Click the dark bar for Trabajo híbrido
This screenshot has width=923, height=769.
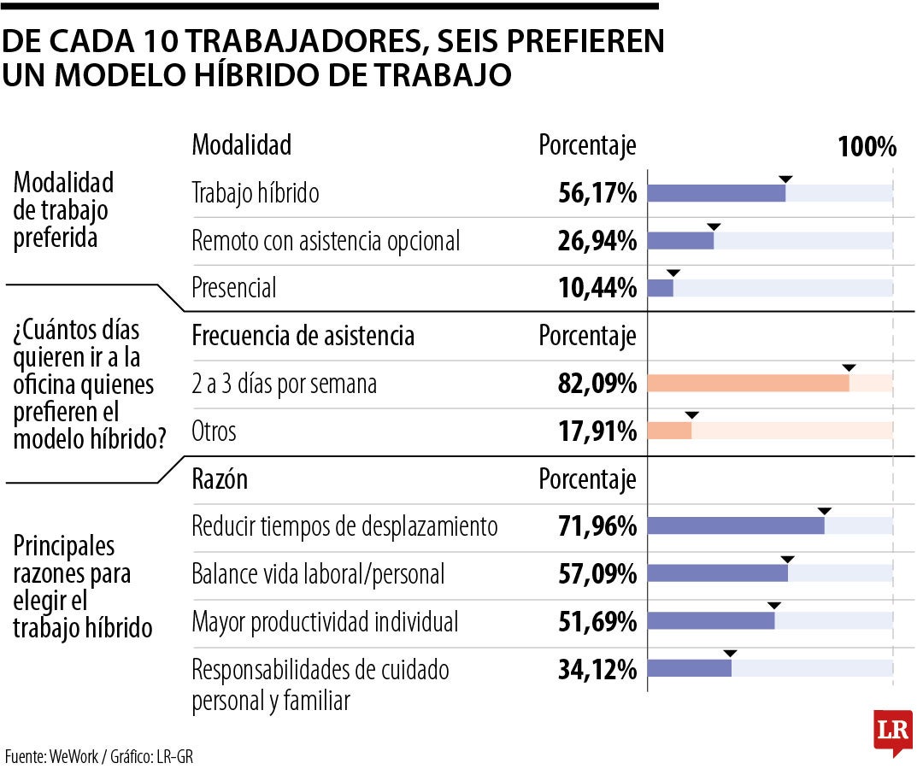tap(716, 193)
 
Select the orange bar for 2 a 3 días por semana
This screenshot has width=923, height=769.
tap(748, 383)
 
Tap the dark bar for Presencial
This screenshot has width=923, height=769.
tap(661, 288)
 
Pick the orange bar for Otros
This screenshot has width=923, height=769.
tap(670, 431)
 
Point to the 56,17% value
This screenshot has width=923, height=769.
tap(597, 193)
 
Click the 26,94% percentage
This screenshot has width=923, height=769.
tap(597, 241)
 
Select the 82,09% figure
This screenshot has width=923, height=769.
tap(597, 384)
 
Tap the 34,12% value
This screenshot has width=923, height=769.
tap(597, 670)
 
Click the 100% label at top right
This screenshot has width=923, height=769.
tap(867, 146)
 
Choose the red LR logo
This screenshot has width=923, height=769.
tap(893, 731)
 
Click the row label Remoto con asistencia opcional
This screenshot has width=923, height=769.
tap(326, 241)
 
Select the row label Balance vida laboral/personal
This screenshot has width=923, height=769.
tap(318, 574)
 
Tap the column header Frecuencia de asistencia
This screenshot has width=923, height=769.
tap(303, 336)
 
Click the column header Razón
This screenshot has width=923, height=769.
tap(220, 479)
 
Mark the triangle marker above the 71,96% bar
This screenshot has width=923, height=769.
tap(825, 511)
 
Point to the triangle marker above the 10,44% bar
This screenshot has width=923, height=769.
tap(673, 273)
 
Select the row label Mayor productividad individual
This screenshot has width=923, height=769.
tap(325, 622)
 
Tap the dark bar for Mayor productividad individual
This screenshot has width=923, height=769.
tap(711, 620)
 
